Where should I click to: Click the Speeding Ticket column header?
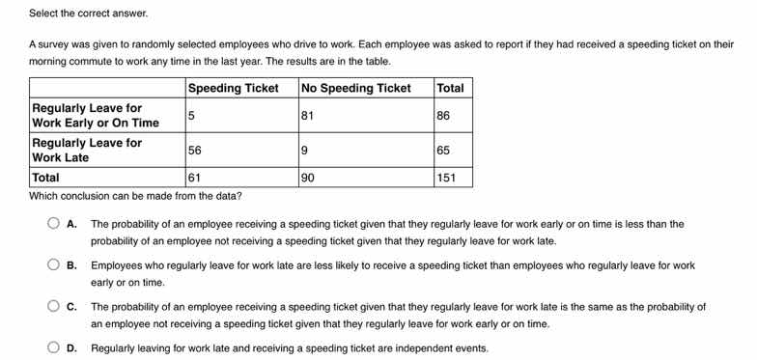click(233, 88)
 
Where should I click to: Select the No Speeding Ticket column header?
click(356, 88)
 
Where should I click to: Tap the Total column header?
click(450, 88)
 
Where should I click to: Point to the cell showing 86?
click(444, 116)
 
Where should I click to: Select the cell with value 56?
click(195, 150)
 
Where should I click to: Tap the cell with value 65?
click(444, 150)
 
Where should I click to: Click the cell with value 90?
click(309, 178)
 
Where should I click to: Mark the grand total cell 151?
click(448, 178)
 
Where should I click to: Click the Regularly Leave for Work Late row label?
click(87, 150)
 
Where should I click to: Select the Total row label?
click(45, 178)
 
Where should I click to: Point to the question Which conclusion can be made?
click(135, 195)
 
